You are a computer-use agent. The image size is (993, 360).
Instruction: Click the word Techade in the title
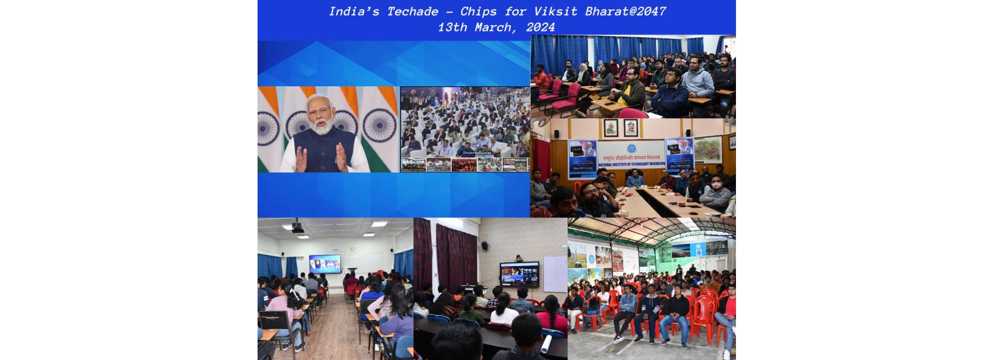pos(412,11)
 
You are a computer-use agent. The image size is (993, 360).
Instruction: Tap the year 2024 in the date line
pos(540,27)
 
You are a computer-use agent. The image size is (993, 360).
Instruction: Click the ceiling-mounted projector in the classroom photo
pos(297,227)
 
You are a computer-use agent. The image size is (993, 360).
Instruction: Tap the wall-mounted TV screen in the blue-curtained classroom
pos(325,264)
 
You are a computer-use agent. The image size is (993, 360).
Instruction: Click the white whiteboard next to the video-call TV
pos(554,273)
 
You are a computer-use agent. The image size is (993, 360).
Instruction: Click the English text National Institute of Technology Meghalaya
pos(630,164)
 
